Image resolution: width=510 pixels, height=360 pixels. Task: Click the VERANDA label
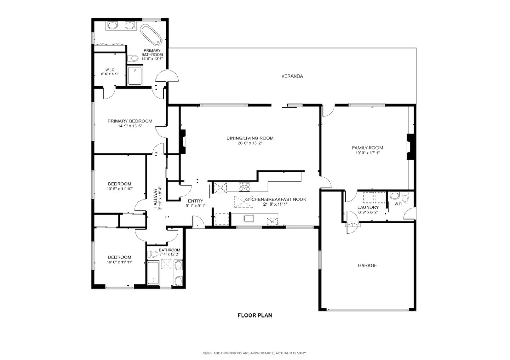click(292, 76)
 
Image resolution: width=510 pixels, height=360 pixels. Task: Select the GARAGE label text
click(367, 265)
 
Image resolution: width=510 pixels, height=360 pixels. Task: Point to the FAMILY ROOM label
click(367, 148)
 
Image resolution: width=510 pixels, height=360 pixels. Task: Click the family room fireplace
click(410, 147)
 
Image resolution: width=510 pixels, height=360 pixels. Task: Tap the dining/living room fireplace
click(182, 142)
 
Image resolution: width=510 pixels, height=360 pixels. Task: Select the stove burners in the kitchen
click(244, 186)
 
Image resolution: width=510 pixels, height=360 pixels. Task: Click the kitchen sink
click(249, 218)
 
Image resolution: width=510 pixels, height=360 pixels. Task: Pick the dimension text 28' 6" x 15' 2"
click(250, 143)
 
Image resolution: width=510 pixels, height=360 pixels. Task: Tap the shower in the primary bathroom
click(135, 76)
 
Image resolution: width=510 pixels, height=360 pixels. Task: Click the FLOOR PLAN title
click(255, 315)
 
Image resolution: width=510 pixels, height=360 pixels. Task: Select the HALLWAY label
click(155, 198)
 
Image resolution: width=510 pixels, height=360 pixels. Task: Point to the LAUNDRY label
click(368, 207)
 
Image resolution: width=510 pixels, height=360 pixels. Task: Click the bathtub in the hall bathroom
click(153, 273)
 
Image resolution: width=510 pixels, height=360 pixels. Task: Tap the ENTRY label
click(195, 201)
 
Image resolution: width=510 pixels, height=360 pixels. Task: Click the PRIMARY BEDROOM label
click(130, 121)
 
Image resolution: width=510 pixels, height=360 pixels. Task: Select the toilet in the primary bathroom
click(133, 58)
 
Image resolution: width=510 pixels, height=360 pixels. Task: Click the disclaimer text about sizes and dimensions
click(255, 353)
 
